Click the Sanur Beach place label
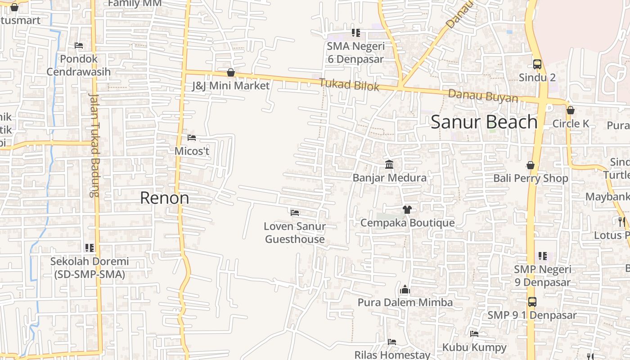tap(484, 122)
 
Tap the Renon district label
tap(165, 198)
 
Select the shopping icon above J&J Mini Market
tap(231, 72)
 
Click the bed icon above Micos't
tap(192, 138)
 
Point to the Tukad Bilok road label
tap(349, 85)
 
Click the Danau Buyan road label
tap(483, 96)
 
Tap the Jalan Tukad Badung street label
tap(94, 145)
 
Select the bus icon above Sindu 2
tap(537, 64)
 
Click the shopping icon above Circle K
tap(571, 110)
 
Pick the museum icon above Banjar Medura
tap(389, 165)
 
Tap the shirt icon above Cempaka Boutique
tap(407, 210)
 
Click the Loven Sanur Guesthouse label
tap(295, 233)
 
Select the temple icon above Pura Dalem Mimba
tap(405, 289)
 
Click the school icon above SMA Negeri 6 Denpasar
tap(356, 33)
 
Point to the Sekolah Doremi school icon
tap(90, 248)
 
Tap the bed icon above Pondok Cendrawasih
tap(79, 45)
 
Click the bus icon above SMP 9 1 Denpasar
tap(532, 302)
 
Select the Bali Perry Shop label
tap(531, 178)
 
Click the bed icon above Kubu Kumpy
tap(474, 334)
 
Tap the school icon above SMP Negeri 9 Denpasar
tap(543, 256)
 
